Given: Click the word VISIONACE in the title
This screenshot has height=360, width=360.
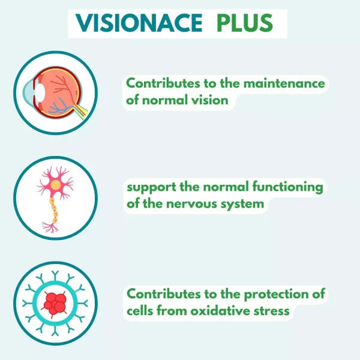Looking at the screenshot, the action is (x=139, y=23).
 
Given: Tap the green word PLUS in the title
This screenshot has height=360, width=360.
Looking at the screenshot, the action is (x=245, y=23).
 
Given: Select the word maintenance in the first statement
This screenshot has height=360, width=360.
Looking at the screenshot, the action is (x=284, y=83).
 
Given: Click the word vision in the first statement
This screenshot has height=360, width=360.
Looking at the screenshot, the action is (x=210, y=100).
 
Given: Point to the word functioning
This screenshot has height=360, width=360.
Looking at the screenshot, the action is (x=288, y=187).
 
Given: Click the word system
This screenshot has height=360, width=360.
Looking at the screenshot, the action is (x=242, y=205).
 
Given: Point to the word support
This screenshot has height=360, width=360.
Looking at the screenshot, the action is (x=151, y=187).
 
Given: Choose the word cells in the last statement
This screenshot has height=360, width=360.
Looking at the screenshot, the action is (x=140, y=311).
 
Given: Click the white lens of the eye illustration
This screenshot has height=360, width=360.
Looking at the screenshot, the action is (x=40, y=93).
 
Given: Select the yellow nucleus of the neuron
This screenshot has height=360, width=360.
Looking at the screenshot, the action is (x=56, y=185).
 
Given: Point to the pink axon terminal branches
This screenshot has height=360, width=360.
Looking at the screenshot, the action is (x=50, y=227).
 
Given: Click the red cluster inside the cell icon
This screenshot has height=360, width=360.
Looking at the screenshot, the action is (x=55, y=304).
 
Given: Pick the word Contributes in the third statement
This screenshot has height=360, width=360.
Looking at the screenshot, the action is (x=163, y=294).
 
